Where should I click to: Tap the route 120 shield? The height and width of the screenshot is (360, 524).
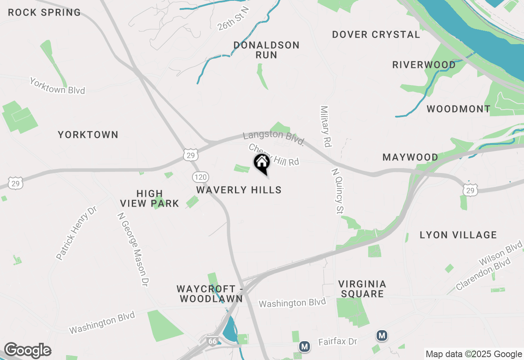201,177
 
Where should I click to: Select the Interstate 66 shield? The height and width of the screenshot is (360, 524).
212,341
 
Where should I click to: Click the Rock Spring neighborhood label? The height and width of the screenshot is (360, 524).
44,12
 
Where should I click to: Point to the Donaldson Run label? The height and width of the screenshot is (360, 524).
267,50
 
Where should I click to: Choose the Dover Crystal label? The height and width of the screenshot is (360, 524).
376,34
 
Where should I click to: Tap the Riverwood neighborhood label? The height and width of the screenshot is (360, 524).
424,65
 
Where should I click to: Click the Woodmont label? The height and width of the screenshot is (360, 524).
458,109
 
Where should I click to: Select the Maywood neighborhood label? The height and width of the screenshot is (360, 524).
410,157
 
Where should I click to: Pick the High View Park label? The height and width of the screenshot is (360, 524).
149,198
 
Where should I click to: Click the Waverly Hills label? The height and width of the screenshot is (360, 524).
239,190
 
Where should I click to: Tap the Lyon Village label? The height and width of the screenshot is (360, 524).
458,235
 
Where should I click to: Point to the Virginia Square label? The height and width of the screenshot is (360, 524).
362,289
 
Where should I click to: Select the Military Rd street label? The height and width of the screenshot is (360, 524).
326,126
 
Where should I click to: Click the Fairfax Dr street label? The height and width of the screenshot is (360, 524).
338,342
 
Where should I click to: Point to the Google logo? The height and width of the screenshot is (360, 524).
27,351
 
